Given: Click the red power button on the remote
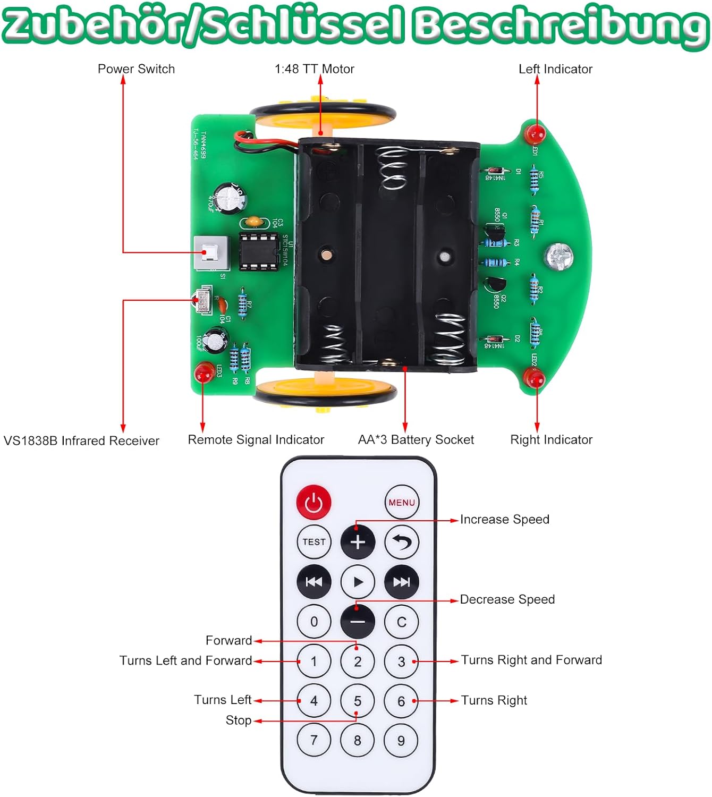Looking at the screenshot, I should tap(313, 502).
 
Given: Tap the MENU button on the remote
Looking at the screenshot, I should tap(402, 502).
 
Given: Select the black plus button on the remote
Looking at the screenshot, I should tap(358, 542).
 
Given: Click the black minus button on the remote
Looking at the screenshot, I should tap(358, 622).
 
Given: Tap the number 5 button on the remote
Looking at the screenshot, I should tap(358, 701).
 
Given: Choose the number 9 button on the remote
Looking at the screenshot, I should tap(401, 740).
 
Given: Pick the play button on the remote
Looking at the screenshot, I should tap(358, 582).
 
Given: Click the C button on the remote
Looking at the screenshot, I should tap(401, 622).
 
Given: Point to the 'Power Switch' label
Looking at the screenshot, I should tap(136, 69).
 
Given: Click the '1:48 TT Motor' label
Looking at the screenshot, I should tap(314, 69).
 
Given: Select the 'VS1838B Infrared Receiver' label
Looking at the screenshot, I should tap(81, 440).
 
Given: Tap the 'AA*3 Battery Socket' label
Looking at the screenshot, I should tap(416, 439).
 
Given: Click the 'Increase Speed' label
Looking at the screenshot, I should tap(504, 519).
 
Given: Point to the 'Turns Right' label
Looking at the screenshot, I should tap(494, 700).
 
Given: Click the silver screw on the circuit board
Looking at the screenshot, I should tap(558, 256).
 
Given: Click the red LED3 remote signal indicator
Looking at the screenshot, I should tap(203, 373).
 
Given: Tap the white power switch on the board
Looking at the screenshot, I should tap(210, 253).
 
